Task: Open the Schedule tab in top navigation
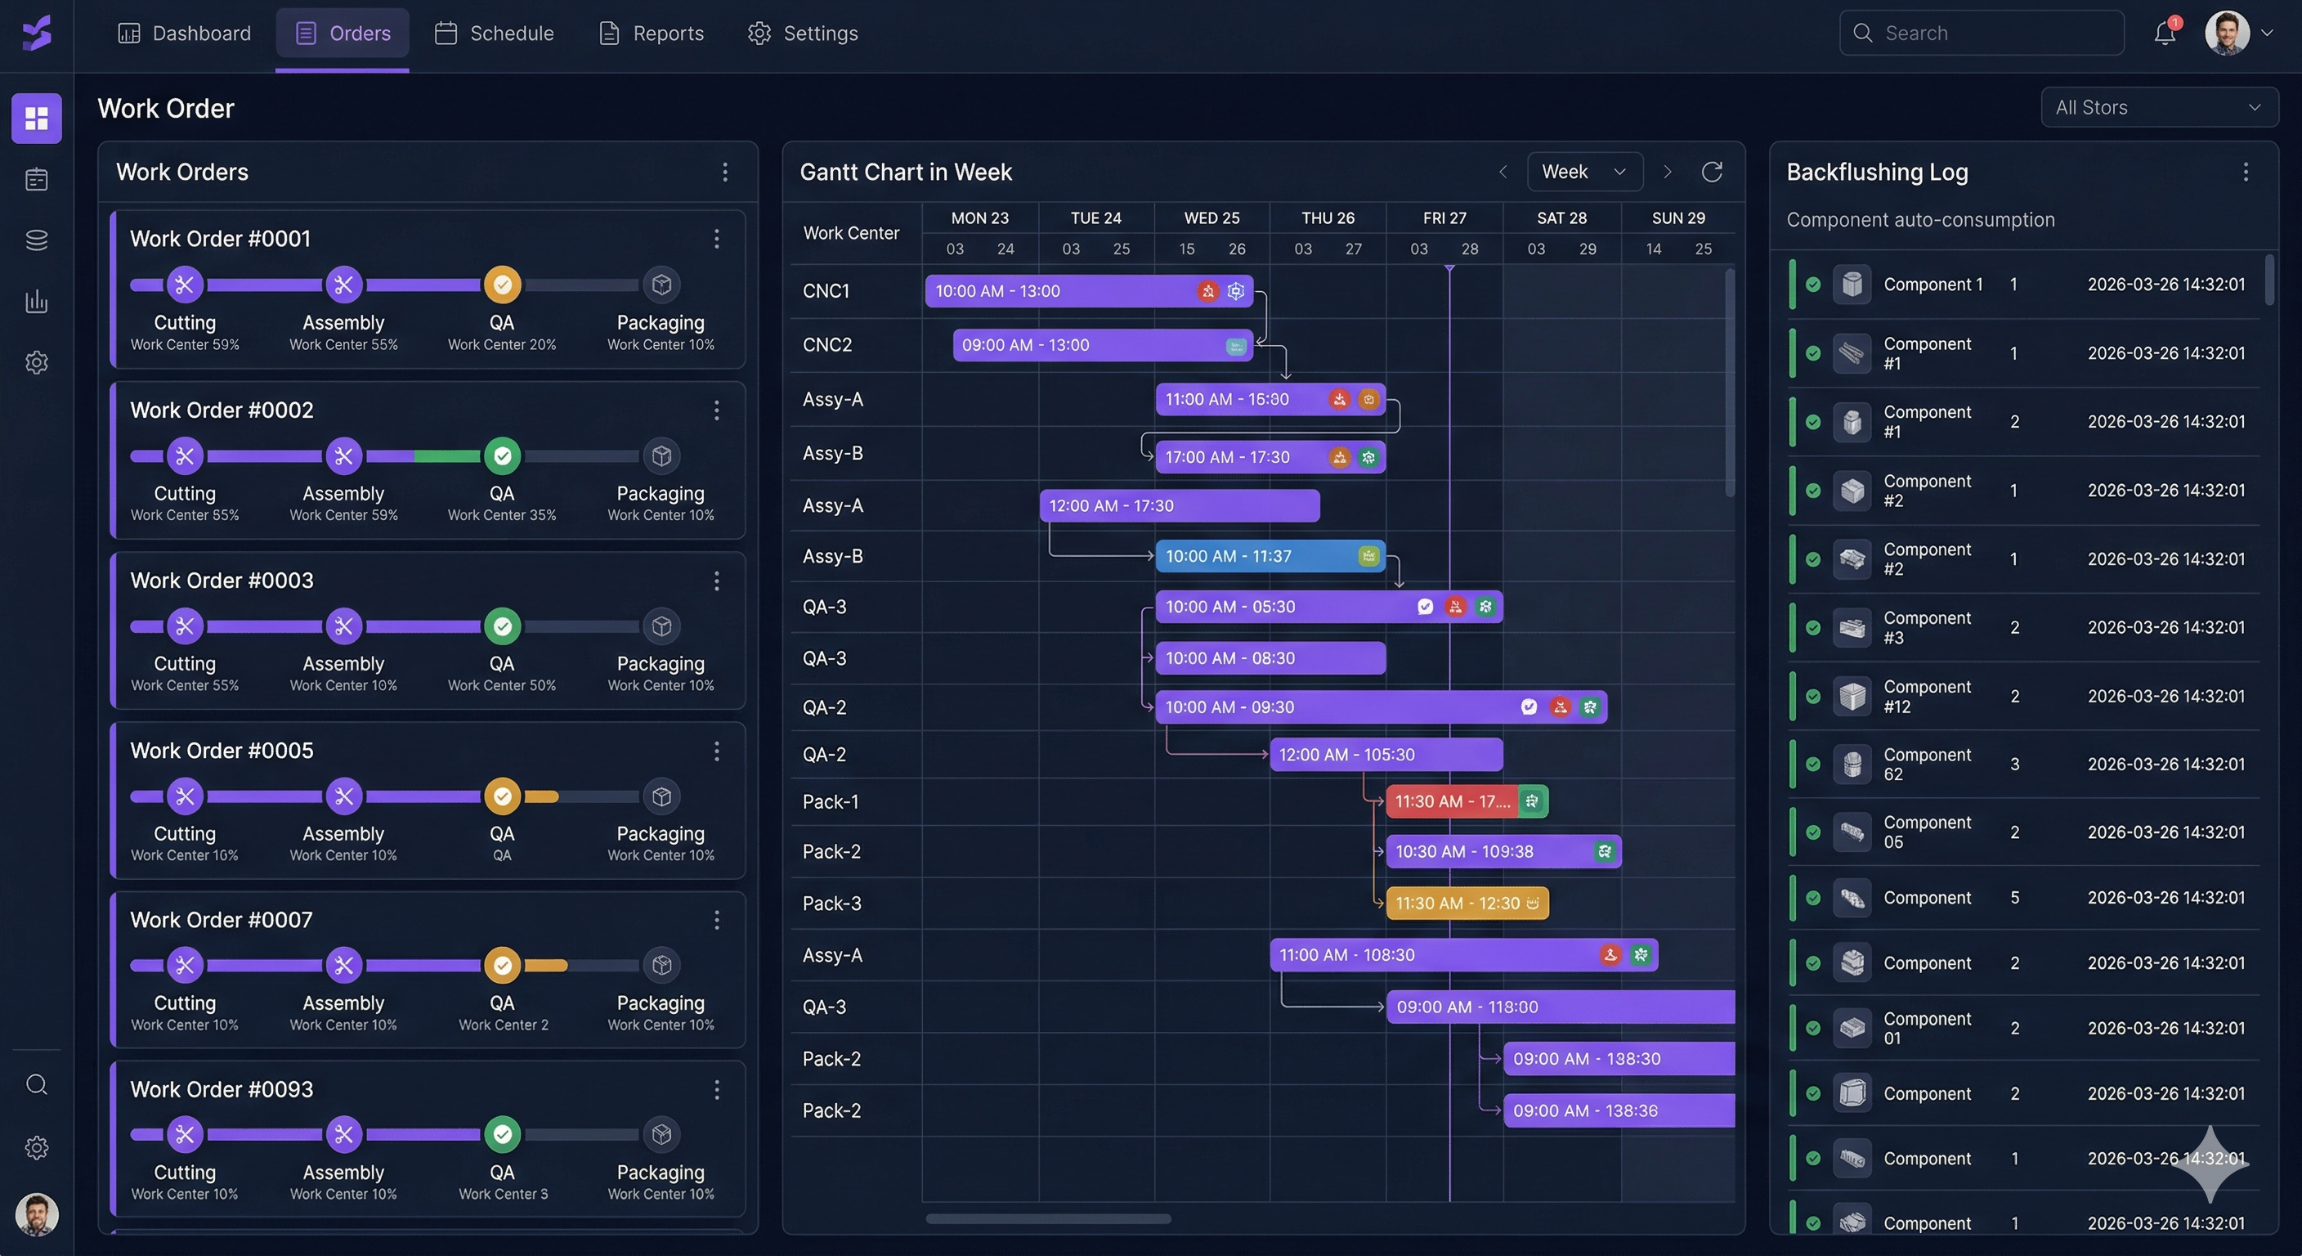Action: [x=495, y=33]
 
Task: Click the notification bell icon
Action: [x=2164, y=34]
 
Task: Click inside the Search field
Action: [x=1993, y=33]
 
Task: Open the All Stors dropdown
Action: [x=2158, y=107]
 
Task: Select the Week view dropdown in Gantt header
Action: [x=1583, y=172]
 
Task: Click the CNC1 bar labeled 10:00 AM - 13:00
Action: [x=1055, y=291]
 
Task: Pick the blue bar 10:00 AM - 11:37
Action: [x=1251, y=556]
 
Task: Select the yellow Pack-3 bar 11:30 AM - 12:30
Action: [x=1457, y=903]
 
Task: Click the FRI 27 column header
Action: [x=1444, y=218]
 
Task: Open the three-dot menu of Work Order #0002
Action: [x=716, y=410]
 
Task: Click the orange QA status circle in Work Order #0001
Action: [x=502, y=285]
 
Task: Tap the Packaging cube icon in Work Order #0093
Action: [x=661, y=1134]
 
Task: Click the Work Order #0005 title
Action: [x=222, y=750]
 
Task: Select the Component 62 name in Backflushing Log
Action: [x=1927, y=764]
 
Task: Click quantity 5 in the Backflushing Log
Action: [x=2014, y=898]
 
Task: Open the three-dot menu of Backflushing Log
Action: [x=2245, y=172]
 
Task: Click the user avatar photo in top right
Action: [x=2226, y=33]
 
